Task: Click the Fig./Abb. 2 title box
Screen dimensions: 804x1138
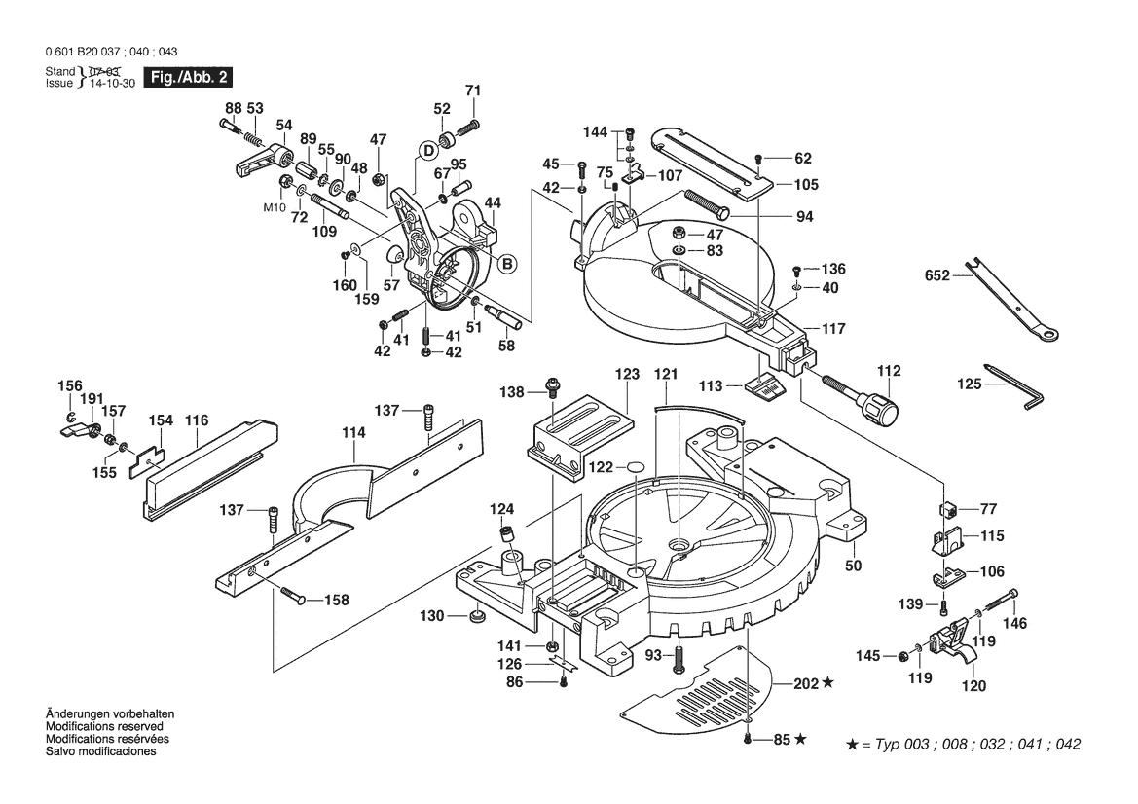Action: coord(188,77)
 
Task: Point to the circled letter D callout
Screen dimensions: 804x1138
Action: coord(427,150)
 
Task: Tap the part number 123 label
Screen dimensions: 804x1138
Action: coord(627,373)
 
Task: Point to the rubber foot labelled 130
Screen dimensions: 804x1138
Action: coord(477,616)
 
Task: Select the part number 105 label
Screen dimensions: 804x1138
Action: coord(806,184)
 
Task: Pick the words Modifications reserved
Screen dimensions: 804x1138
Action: coord(104,727)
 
